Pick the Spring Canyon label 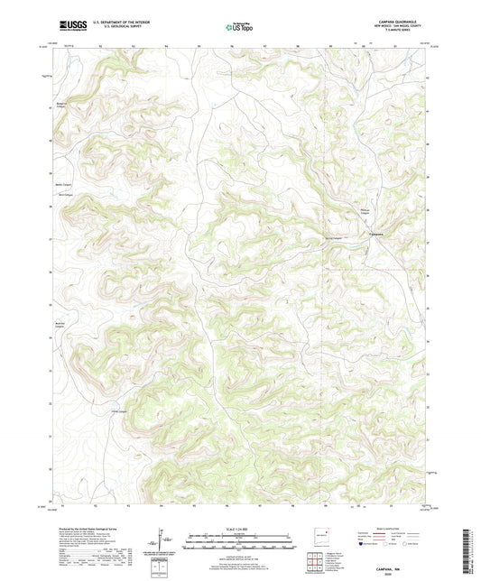click(x=332, y=238)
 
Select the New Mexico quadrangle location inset click(x=320, y=537)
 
